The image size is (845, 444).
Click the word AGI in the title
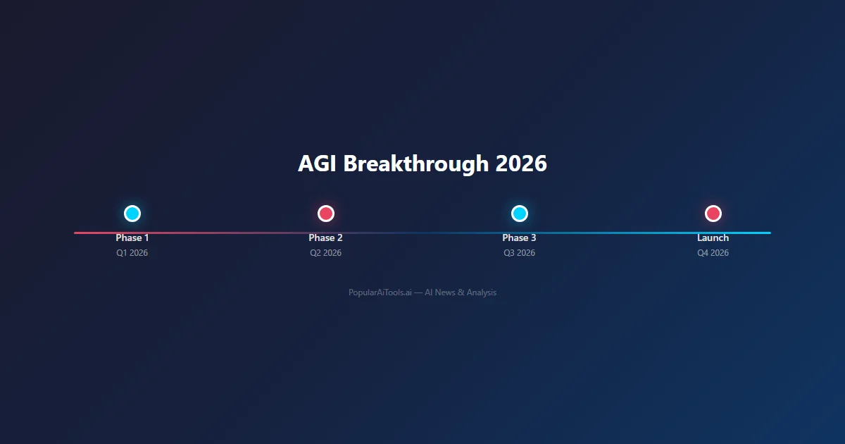(x=318, y=164)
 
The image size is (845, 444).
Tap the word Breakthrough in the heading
(x=416, y=164)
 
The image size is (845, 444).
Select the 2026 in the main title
(x=521, y=164)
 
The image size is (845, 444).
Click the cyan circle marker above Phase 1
(x=132, y=214)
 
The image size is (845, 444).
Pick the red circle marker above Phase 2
(x=326, y=214)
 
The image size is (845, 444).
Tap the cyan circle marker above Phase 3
(x=520, y=214)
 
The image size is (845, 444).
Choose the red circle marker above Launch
(x=713, y=214)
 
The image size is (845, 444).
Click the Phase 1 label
(x=132, y=238)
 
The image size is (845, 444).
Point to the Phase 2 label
(x=326, y=238)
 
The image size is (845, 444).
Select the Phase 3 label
(x=520, y=238)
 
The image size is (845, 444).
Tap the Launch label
(x=713, y=238)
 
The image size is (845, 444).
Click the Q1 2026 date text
(x=132, y=253)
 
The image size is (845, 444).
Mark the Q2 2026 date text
(x=326, y=253)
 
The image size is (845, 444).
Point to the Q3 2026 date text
(x=520, y=253)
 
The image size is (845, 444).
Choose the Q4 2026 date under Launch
(x=713, y=253)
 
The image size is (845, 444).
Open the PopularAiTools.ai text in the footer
(x=380, y=292)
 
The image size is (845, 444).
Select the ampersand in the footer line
(x=461, y=292)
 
